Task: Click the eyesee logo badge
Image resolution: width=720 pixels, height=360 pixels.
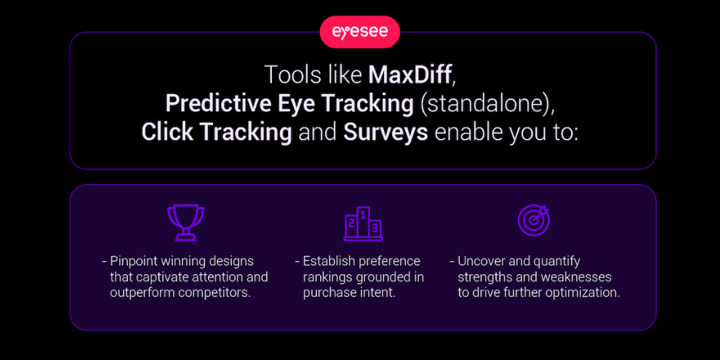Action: [359, 32]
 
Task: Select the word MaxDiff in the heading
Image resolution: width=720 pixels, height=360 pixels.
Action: [411, 76]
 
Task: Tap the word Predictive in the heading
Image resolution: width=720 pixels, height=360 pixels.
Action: [219, 104]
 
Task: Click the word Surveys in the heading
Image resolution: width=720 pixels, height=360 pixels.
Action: [385, 132]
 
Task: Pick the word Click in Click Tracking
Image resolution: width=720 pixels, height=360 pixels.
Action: [167, 132]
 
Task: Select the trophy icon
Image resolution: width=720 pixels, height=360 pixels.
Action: [185, 223]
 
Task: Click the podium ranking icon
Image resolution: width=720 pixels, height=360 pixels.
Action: [363, 223]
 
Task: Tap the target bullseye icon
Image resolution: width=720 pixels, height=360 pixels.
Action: [534, 220]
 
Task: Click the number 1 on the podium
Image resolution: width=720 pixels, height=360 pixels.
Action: [363, 214]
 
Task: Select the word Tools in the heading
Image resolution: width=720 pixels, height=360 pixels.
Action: [288, 76]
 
